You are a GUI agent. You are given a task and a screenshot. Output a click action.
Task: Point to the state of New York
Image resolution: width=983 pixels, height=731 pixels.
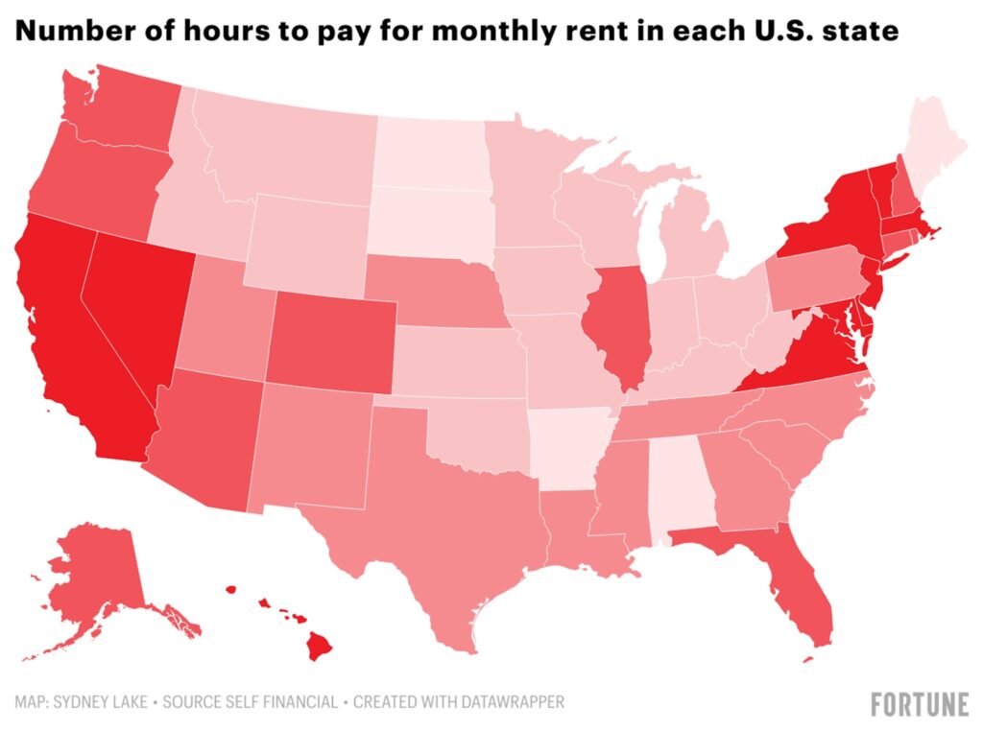coord(826,225)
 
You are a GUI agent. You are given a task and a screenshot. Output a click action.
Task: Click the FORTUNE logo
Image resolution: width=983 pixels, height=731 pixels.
coord(919,704)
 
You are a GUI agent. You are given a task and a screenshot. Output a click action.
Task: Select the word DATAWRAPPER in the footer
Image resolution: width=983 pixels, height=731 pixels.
coord(508,702)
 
